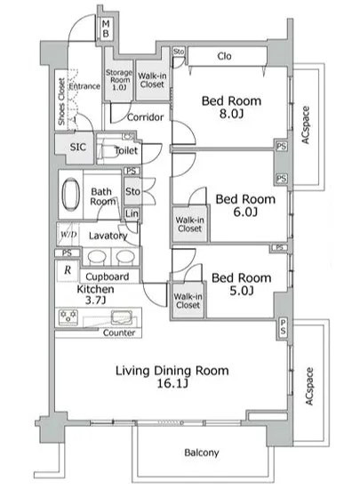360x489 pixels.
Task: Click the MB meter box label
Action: click(x=106, y=28)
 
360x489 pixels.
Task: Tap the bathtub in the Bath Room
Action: click(x=71, y=194)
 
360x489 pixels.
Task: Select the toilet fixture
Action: click(x=109, y=151)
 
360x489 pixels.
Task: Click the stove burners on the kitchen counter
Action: click(x=68, y=317)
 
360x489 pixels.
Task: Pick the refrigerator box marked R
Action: click(x=68, y=270)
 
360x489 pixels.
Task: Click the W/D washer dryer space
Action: click(x=68, y=234)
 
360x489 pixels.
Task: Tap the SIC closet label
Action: click(x=77, y=147)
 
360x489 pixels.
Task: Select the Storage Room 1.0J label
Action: click(x=119, y=79)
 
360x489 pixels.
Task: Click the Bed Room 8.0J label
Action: click(x=231, y=107)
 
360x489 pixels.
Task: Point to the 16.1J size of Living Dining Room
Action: click(x=172, y=383)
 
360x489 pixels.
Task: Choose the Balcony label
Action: click(x=202, y=453)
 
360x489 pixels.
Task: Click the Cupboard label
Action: click(x=107, y=277)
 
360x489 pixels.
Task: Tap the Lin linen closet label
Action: click(x=132, y=213)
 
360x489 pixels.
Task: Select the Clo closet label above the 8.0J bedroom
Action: click(x=224, y=56)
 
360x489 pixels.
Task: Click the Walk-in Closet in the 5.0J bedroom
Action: click(x=188, y=301)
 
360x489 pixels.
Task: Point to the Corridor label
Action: click(x=145, y=117)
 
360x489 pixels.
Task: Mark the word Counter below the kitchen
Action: click(x=119, y=333)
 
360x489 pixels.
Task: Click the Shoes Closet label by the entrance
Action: click(x=61, y=101)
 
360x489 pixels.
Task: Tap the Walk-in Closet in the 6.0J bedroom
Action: click(x=189, y=224)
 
